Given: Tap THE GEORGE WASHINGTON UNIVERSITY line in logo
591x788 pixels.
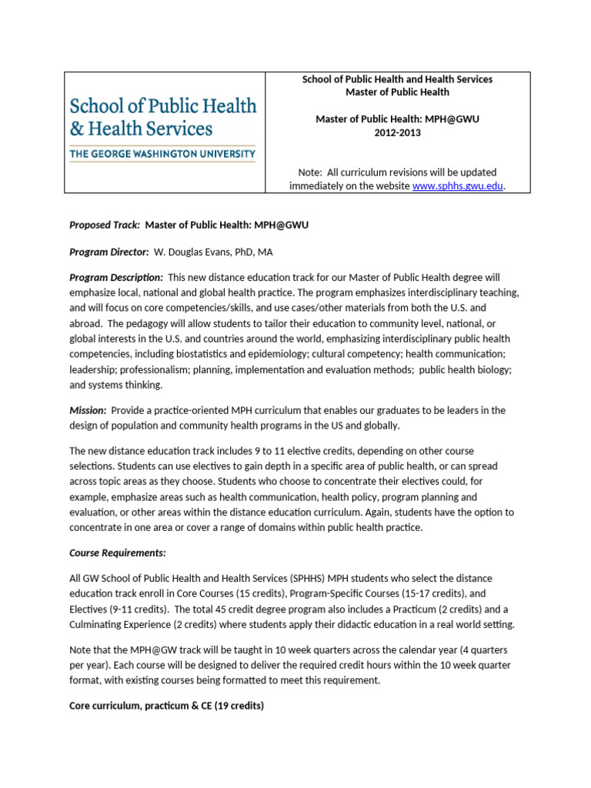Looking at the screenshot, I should click(x=162, y=154).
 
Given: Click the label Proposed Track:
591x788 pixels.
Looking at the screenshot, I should click(x=105, y=225).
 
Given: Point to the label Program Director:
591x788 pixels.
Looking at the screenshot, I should click(x=109, y=252).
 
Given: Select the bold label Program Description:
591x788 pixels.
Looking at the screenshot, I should click(x=115, y=277).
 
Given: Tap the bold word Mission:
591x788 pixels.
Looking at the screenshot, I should click(x=88, y=411).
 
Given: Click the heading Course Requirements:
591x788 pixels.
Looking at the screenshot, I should click(x=118, y=553).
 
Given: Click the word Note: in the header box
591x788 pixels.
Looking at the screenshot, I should click(x=310, y=172).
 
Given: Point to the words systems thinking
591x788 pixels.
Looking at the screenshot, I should click(x=128, y=385).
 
